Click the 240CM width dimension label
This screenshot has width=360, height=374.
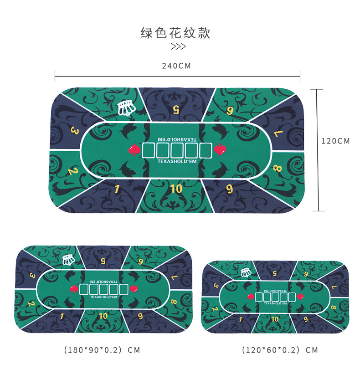click(x=176, y=66)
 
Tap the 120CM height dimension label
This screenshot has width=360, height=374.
click(x=335, y=141)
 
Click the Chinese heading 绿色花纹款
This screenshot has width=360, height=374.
click(x=175, y=33)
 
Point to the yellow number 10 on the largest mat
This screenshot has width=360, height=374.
click(x=176, y=188)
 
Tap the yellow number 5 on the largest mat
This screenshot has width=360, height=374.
click(x=176, y=109)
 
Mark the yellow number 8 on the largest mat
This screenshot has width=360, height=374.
click(x=278, y=169)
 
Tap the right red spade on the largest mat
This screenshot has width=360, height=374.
click(x=220, y=149)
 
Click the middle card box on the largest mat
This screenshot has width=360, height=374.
click(x=177, y=150)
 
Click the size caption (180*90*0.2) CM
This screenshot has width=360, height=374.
click(x=102, y=350)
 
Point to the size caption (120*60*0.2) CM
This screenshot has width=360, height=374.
click(x=280, y=350)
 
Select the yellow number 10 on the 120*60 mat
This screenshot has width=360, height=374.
click(x=274, y=319)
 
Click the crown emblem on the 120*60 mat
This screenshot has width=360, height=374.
click(x=245, y=273)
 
